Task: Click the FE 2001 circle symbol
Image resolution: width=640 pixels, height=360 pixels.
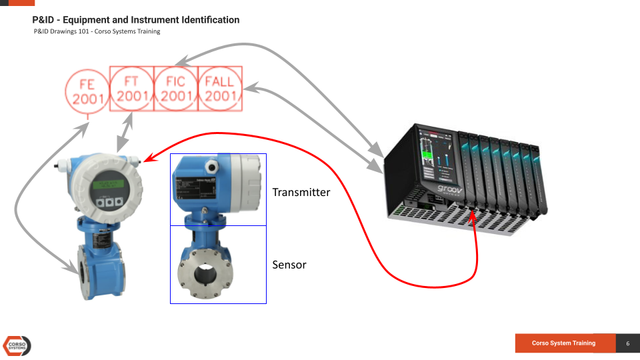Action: point(87,91)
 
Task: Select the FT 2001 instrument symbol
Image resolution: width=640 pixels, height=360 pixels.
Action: point(132,89)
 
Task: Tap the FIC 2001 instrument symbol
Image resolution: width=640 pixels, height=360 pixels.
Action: point(176,89)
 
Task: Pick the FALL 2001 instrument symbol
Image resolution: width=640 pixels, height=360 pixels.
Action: point(220,89)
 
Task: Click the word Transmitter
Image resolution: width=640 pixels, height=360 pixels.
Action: point(301,192)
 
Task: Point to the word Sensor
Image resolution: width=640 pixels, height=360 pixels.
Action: point(289,265)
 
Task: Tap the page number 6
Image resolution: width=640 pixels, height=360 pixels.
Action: point(627,343)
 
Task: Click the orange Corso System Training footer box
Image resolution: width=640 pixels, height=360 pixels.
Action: point(564,343)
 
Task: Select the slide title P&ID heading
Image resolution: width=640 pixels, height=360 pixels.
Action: point(136,20)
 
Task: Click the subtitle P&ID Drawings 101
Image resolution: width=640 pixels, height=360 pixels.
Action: point(97,31)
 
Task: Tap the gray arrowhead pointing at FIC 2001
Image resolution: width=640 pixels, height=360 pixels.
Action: point(181,63)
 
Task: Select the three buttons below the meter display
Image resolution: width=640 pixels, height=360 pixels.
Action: point(108,202)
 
